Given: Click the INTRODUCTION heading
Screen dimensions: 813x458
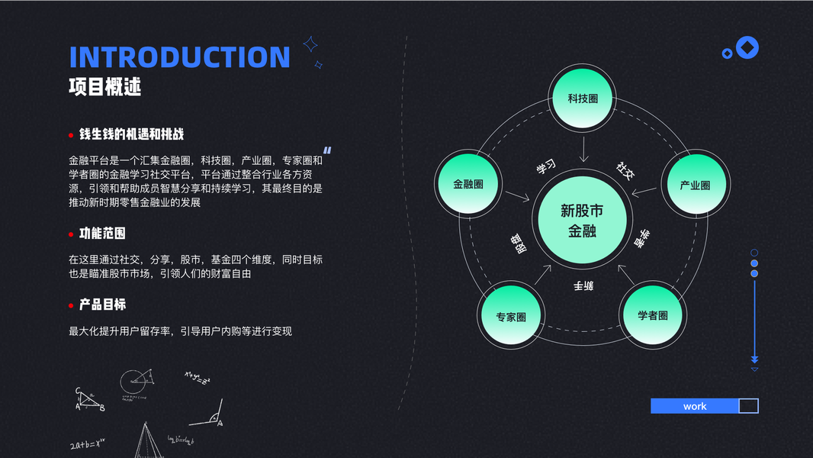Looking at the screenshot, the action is tap(180, 57).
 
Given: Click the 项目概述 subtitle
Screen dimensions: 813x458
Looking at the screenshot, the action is tap(105, 87).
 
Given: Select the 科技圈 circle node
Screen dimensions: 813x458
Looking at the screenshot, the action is tap(582, 99).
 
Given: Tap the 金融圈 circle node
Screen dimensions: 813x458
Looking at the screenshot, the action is tap(468, 184).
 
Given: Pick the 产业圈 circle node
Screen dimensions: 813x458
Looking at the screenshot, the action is tap(694, 185).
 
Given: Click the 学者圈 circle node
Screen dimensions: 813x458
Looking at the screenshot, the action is tap(653, 315).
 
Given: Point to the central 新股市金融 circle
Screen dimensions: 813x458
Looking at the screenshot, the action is tap(582, 220).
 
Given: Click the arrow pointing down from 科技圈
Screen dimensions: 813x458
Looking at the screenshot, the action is tap(583, 149).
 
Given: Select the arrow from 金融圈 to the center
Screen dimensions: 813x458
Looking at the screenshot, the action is tap(517, 197).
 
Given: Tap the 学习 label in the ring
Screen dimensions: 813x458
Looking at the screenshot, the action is tap(545, 167).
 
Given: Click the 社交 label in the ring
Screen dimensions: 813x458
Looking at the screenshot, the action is tap(625, 170).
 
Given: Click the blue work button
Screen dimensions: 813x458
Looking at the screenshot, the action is tap(695, 406).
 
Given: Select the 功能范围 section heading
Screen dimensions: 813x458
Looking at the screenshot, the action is tap(102, 234).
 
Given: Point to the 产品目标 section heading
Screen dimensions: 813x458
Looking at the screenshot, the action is tap(102, 305).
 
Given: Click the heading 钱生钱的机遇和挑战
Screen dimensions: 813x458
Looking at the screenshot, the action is tap(131, 134).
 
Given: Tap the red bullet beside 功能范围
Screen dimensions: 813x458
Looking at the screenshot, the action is tap(71, 234).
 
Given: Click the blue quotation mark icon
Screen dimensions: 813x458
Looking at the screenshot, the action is tap(327, 151).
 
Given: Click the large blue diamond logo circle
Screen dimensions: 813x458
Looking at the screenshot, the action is tap(747, 48).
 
